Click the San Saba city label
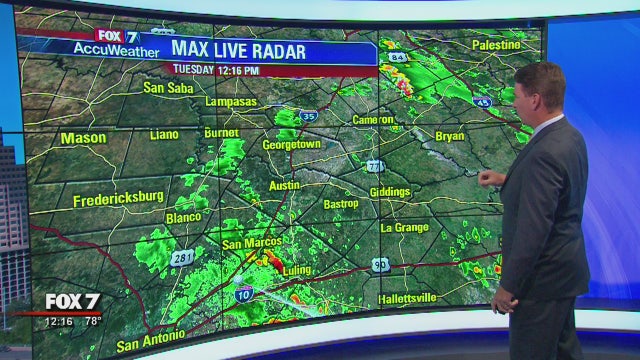coord(167,87)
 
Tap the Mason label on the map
coord(83,138)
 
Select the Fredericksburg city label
coord(118,200)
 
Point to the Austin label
coord(285,185)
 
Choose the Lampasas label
coord(231,102)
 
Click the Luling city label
coord(297,270)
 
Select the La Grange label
coord(405,228)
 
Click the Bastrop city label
coord(342,203)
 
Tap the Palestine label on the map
coord(497,45)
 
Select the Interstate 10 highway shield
coord(244,292)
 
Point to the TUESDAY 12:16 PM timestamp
coord(216,70)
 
